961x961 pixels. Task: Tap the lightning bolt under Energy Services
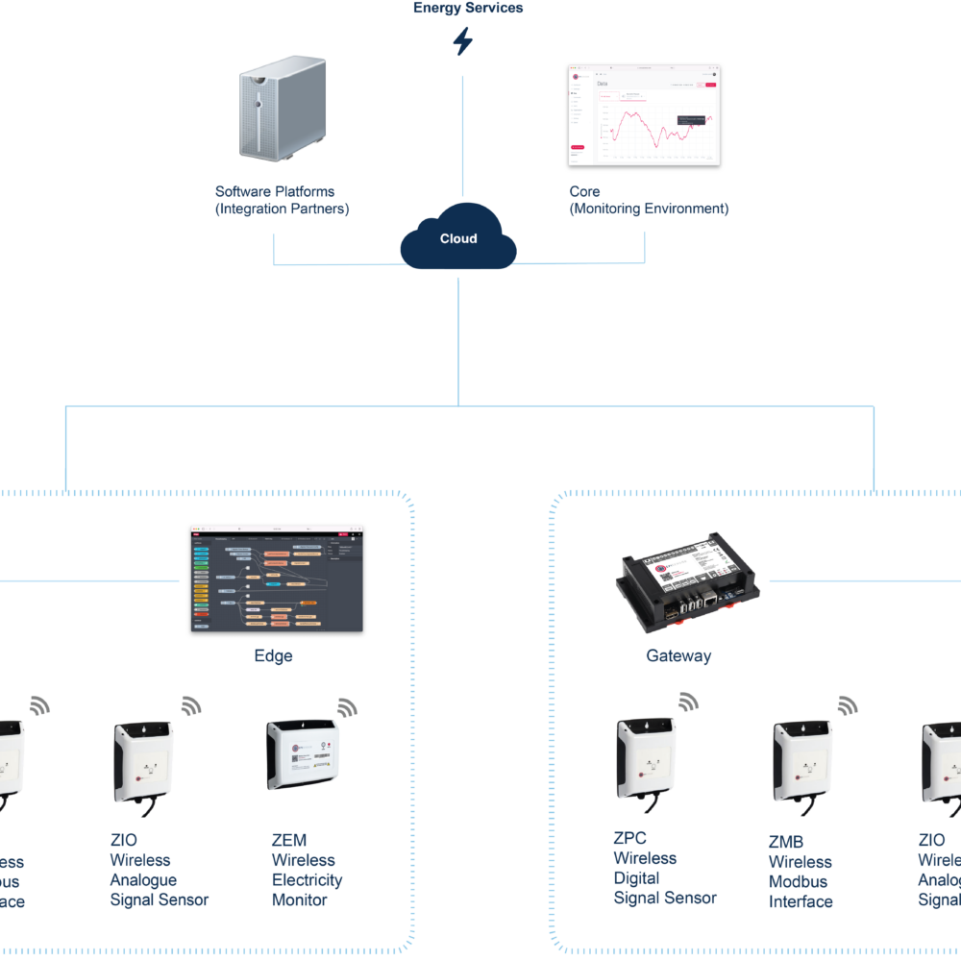[463, 41]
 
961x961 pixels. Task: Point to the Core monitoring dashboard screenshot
[644, 115]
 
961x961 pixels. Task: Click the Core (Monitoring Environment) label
[648, 200]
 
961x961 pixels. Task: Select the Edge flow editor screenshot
[277, 579]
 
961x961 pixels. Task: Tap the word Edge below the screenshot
[273, 656]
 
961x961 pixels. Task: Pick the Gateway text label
[678, 656]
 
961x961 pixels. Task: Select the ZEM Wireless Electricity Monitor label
[307, 871]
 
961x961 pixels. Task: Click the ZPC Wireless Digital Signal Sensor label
[664, 868]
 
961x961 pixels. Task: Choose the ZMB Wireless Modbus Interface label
[800, 872]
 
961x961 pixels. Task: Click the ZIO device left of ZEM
[143, 761]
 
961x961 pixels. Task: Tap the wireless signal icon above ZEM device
[346, 708]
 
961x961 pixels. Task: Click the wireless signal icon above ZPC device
[688, 702]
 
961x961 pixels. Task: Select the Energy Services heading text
[468, 8]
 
